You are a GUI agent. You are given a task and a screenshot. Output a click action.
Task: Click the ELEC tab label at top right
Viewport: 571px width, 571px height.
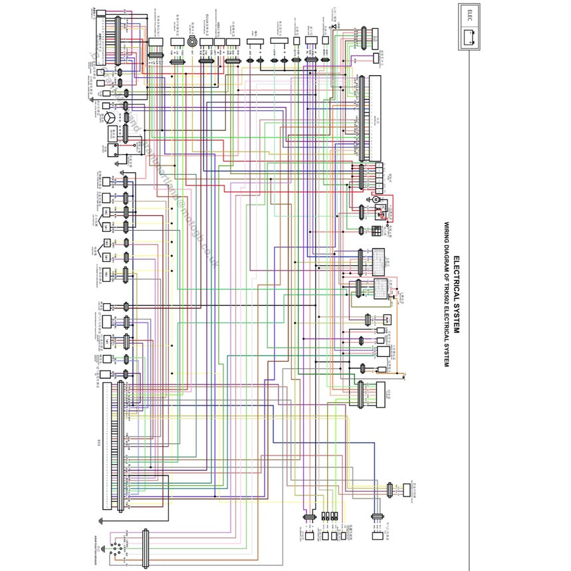470,13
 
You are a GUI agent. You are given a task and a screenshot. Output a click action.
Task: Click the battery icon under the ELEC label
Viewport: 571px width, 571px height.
469,35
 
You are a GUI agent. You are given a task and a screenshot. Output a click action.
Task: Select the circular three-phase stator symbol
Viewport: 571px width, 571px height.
107,118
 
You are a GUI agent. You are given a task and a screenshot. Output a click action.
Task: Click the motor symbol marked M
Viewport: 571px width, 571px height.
375,199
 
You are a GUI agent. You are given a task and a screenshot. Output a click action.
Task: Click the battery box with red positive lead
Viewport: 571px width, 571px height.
383,213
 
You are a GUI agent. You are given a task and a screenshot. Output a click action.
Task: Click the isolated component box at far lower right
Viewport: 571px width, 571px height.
407,490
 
